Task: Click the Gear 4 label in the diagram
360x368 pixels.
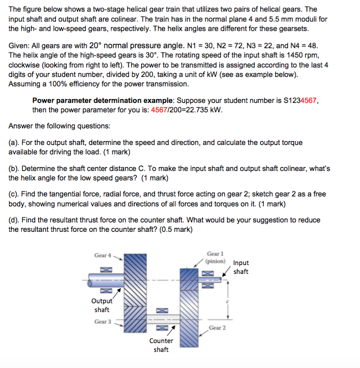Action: point(102,255)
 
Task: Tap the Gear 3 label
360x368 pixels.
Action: point(102,322)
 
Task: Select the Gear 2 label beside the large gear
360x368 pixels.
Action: point(217,328)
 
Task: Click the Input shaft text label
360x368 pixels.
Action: point(241,267)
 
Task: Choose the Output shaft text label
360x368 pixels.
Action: point(101,305)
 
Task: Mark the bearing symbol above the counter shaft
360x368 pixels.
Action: point(161,310)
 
